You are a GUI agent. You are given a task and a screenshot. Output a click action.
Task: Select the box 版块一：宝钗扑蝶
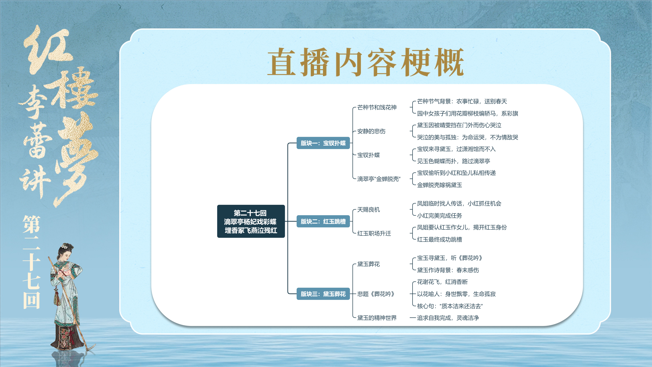[x=323, y=143]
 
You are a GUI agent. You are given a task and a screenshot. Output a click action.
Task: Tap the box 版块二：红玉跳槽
[x=323, y=221]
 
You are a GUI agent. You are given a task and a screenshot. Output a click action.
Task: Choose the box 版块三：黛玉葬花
[x=323, y=294]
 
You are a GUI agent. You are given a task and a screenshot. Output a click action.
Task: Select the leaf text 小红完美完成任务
[x=439, y=216]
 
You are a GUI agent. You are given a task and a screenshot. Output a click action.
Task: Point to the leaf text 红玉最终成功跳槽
[x=439, y=239]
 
